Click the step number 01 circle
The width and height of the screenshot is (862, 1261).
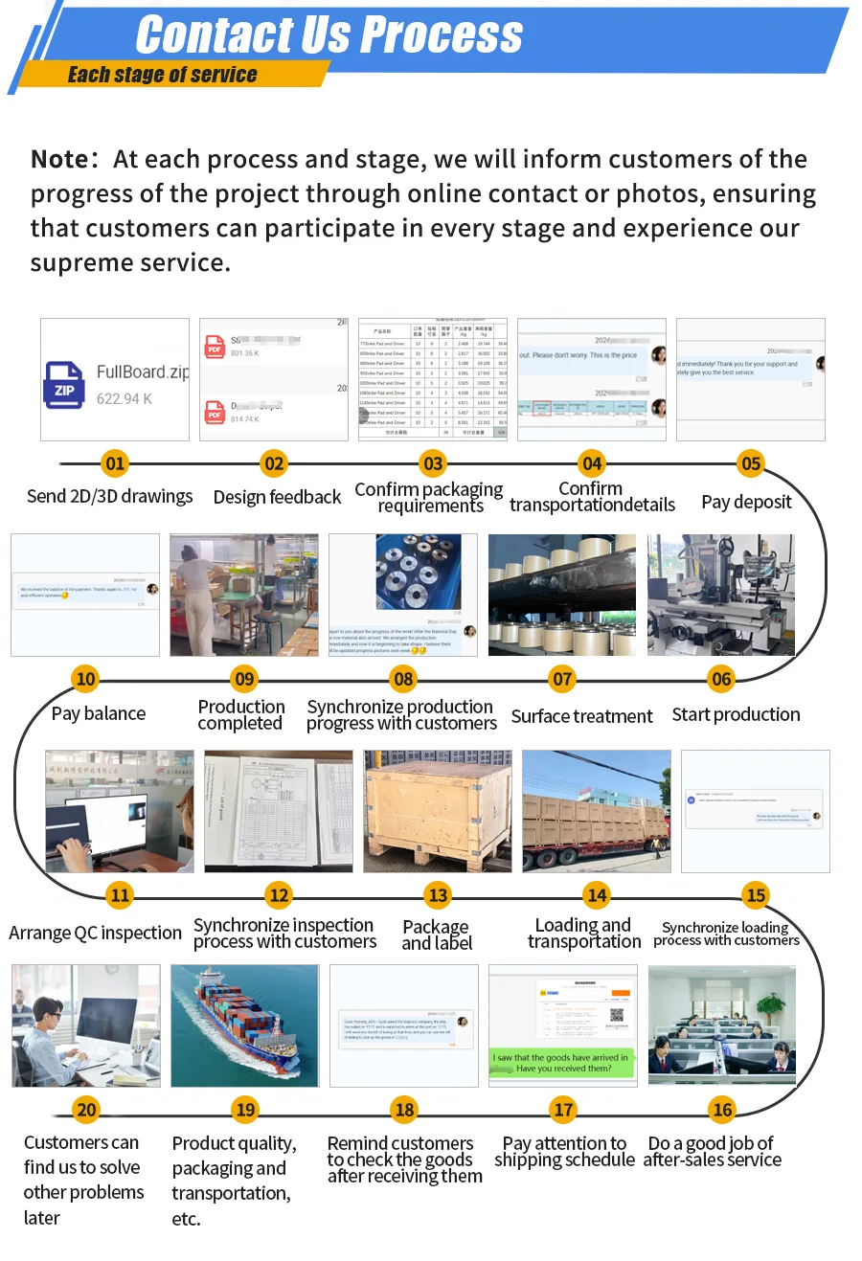(115, 464)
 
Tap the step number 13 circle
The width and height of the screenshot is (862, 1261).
(438, 895)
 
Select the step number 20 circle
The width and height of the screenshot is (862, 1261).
(86, 1110)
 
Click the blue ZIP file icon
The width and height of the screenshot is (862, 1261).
(64, 385)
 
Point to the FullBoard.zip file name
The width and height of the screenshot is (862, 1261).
(142, 372)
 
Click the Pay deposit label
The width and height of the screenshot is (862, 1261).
(746, 502)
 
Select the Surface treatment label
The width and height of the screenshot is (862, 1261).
(581, 716)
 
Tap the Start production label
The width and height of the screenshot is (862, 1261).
(736, 714)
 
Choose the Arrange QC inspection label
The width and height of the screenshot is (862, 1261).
(95, 933)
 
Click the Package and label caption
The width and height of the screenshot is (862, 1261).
(437, 934)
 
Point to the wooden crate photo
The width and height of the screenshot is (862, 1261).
(438, 811)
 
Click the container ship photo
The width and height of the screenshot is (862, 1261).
(244, 1025)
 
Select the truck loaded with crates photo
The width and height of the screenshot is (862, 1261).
(596, 811)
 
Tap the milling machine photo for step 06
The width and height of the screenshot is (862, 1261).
(721, 595)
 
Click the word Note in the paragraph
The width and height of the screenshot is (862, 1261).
(59, 159)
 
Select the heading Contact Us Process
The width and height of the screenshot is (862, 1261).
(329, 35)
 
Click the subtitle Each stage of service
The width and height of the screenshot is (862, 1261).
(162, 75)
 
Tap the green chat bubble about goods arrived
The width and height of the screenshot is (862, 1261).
(562, 1063)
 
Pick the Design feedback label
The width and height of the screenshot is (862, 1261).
(277, 497)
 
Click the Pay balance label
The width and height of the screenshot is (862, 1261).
(99, 713)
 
